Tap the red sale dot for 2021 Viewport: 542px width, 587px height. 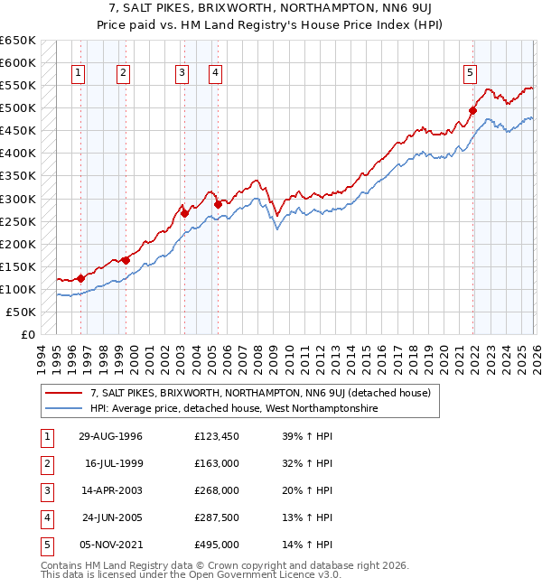[x=472, y=110]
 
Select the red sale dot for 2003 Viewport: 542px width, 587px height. [x=184, y=213]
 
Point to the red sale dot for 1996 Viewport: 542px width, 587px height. [x=80, y=278]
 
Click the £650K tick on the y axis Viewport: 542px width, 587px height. [x=18, y=41]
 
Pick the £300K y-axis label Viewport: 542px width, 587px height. [x=18, y=199]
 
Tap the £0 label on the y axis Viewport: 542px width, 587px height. [x=26, y=334]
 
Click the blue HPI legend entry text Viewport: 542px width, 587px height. [x=232, y=408]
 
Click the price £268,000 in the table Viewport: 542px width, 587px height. [x=216, y=490]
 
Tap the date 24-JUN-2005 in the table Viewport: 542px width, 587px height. [x=111, y=517]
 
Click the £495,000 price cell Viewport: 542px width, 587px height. [x=216, y=545]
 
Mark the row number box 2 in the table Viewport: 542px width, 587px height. [x=44, y=463]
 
